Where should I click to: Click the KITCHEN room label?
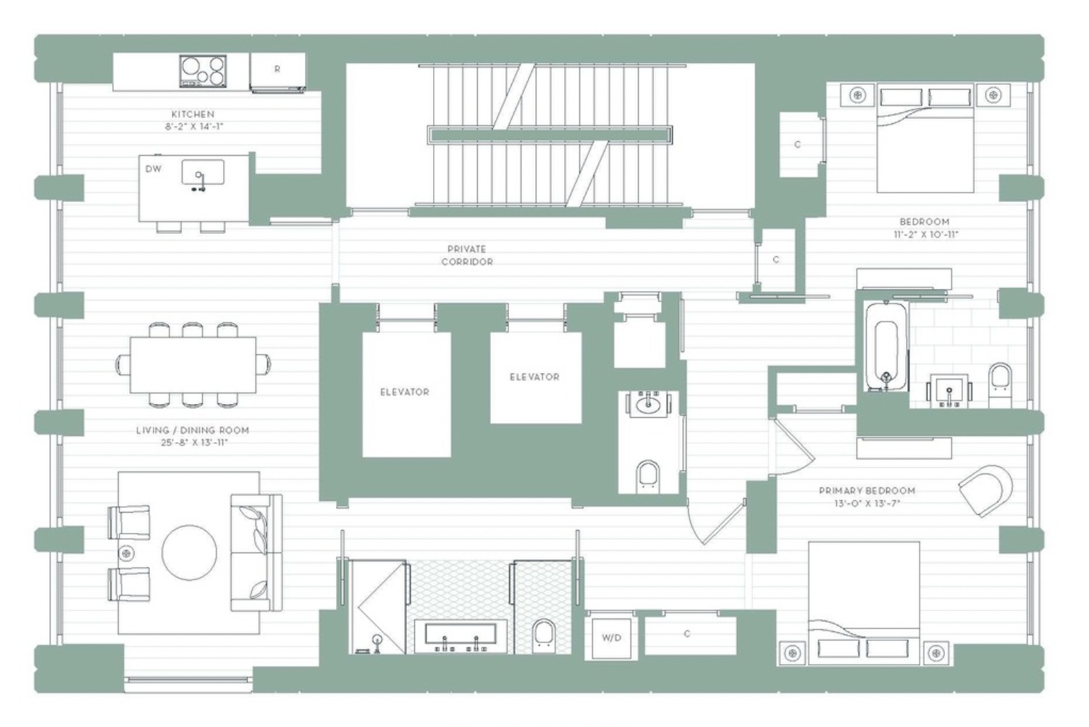(193, 114)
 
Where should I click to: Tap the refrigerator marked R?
(277, 72)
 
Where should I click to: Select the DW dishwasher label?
(154, 169)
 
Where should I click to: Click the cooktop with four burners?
(203, 71)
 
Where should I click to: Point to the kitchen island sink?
(203, 172)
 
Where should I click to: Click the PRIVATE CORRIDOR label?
(467, 256)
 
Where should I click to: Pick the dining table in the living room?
(193, 365)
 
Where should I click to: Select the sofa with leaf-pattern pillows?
(257, 553)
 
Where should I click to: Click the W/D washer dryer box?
(611, 638)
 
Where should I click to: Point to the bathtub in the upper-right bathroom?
(886, 347)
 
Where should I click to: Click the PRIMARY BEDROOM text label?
(867, 491)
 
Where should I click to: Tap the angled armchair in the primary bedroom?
(988, 490)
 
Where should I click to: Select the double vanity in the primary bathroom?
(461, 636)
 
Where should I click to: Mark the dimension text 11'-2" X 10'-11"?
(925, 235)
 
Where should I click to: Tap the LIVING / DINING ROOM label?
(193, 430)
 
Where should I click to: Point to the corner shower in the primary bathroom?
(379, 607)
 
